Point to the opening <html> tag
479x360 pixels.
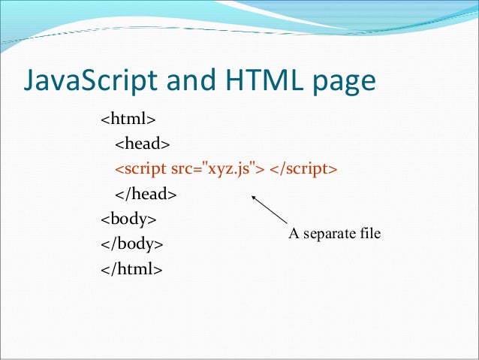click(x=128, y=119)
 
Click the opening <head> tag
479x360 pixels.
click(x=143, y=144)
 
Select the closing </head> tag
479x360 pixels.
click(x=146, y=194)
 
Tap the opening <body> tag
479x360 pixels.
click(x=128, y=219)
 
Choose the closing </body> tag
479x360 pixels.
click(x=131, y=244)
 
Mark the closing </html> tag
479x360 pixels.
click(x=131, y=269)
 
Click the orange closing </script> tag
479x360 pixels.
click(x=303, y=169)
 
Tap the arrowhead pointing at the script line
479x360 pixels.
click(x=253, y=198)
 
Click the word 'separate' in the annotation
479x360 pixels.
click(x=331, y=234)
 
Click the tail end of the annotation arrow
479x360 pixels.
click(x=288, y=225)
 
